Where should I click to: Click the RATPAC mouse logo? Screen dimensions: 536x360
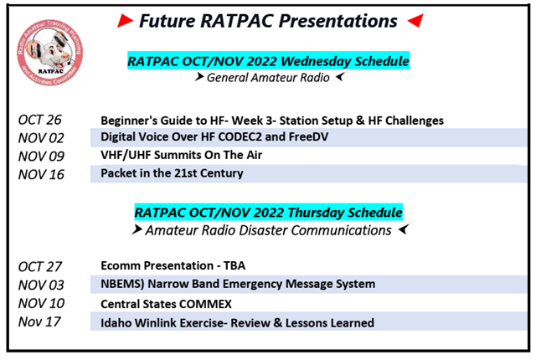coord(50,52)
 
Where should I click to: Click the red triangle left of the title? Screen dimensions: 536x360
coord(125,21)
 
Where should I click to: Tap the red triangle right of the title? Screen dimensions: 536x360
coord(415,20)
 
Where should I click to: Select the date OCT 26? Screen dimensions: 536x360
coord(39,120)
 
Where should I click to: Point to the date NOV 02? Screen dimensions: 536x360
coord(41,138)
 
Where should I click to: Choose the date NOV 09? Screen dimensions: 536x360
coord(41,157)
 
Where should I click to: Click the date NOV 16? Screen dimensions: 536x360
coord(41,174)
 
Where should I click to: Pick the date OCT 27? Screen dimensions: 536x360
coord(39,267)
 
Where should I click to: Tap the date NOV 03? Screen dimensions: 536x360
coord(41,285)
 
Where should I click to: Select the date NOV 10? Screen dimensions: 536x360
coord(41,303)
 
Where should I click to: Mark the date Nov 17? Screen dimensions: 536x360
coord(39,321)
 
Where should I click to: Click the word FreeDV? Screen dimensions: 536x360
coord(308,136)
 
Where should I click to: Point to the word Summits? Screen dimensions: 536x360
coord(178,155)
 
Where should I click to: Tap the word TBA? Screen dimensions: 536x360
coord(234,265)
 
